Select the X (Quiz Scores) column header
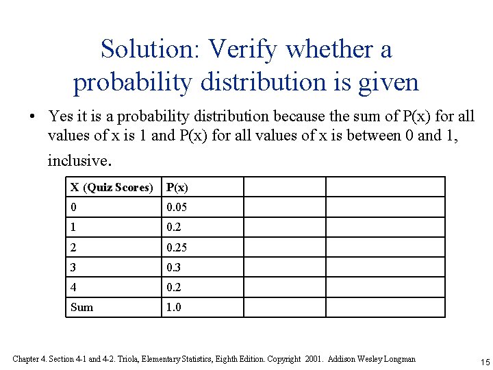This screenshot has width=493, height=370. pos(112,187)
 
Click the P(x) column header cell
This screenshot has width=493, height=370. pos(177,187)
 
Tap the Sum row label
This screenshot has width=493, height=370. pos(81,307)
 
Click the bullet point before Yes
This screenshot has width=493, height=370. pos(32,117)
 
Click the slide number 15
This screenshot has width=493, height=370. pos(483,361)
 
